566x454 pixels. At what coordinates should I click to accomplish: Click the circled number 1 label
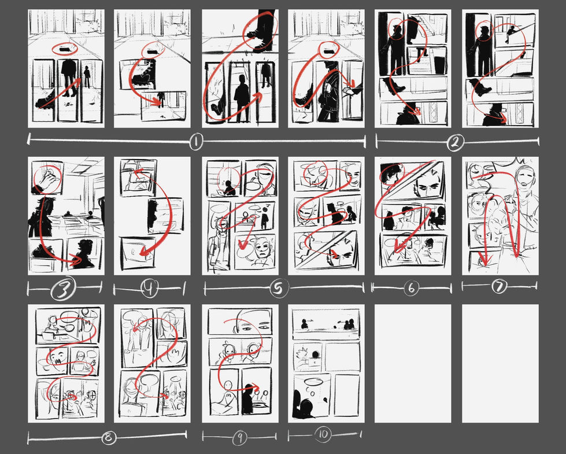pyautogui.click(x=196, y=141)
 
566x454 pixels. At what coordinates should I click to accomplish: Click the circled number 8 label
pyautogui.click(x=108, y=438)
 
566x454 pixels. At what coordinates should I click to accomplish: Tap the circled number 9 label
pyautogui.click(x=239, y=438)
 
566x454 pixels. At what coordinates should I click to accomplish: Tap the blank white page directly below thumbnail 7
pyautogui.click(x=500, y=363)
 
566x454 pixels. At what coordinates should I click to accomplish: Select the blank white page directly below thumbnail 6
pyautogui.click(x=412, y=363)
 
